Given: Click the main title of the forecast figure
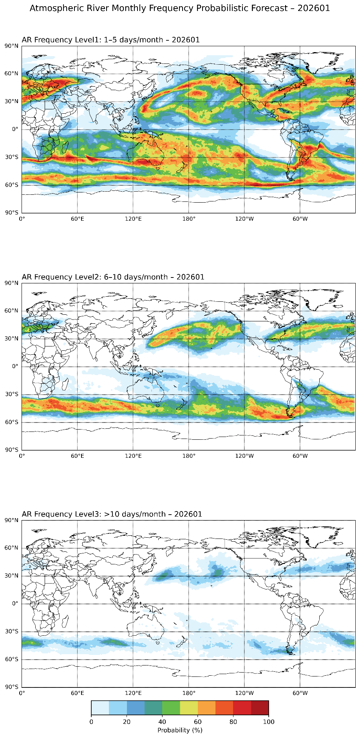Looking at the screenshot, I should click(x=180, y=8).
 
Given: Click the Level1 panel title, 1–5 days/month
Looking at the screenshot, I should click(x=110, y=40).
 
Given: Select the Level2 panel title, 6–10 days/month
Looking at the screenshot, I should click(x=113, y=277).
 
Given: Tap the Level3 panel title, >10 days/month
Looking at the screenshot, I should click(x=112, y=514).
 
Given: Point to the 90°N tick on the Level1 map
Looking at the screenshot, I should click(x=11, y=46).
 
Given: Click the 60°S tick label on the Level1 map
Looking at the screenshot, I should click(x=11, y=185).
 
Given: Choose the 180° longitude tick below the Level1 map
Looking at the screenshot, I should click(x=189, y=219).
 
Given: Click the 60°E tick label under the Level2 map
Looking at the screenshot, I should click(x=77, y=456).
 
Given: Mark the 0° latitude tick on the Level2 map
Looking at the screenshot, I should click(x=14, y=366).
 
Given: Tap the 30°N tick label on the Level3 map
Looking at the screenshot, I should click(x=11, y=576).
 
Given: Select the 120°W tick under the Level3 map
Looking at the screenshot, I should click(x=244, y=693).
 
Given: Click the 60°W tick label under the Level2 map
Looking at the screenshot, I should click(x=300, y=456).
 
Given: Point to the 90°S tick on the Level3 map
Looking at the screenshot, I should click(x=11, y=687).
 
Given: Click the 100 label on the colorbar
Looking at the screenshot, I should click(x=269, y=722).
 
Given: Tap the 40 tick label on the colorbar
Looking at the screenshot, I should click(x=162, y=722).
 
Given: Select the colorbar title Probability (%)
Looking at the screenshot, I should click(x=180, y=730).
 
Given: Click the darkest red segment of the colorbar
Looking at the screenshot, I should click(x=260, y=708).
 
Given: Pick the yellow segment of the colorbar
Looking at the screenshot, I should click(x=189, y=708).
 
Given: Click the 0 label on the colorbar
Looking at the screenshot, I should click(x=91, y=722).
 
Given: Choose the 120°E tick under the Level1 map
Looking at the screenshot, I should click(x=133, y=219).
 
